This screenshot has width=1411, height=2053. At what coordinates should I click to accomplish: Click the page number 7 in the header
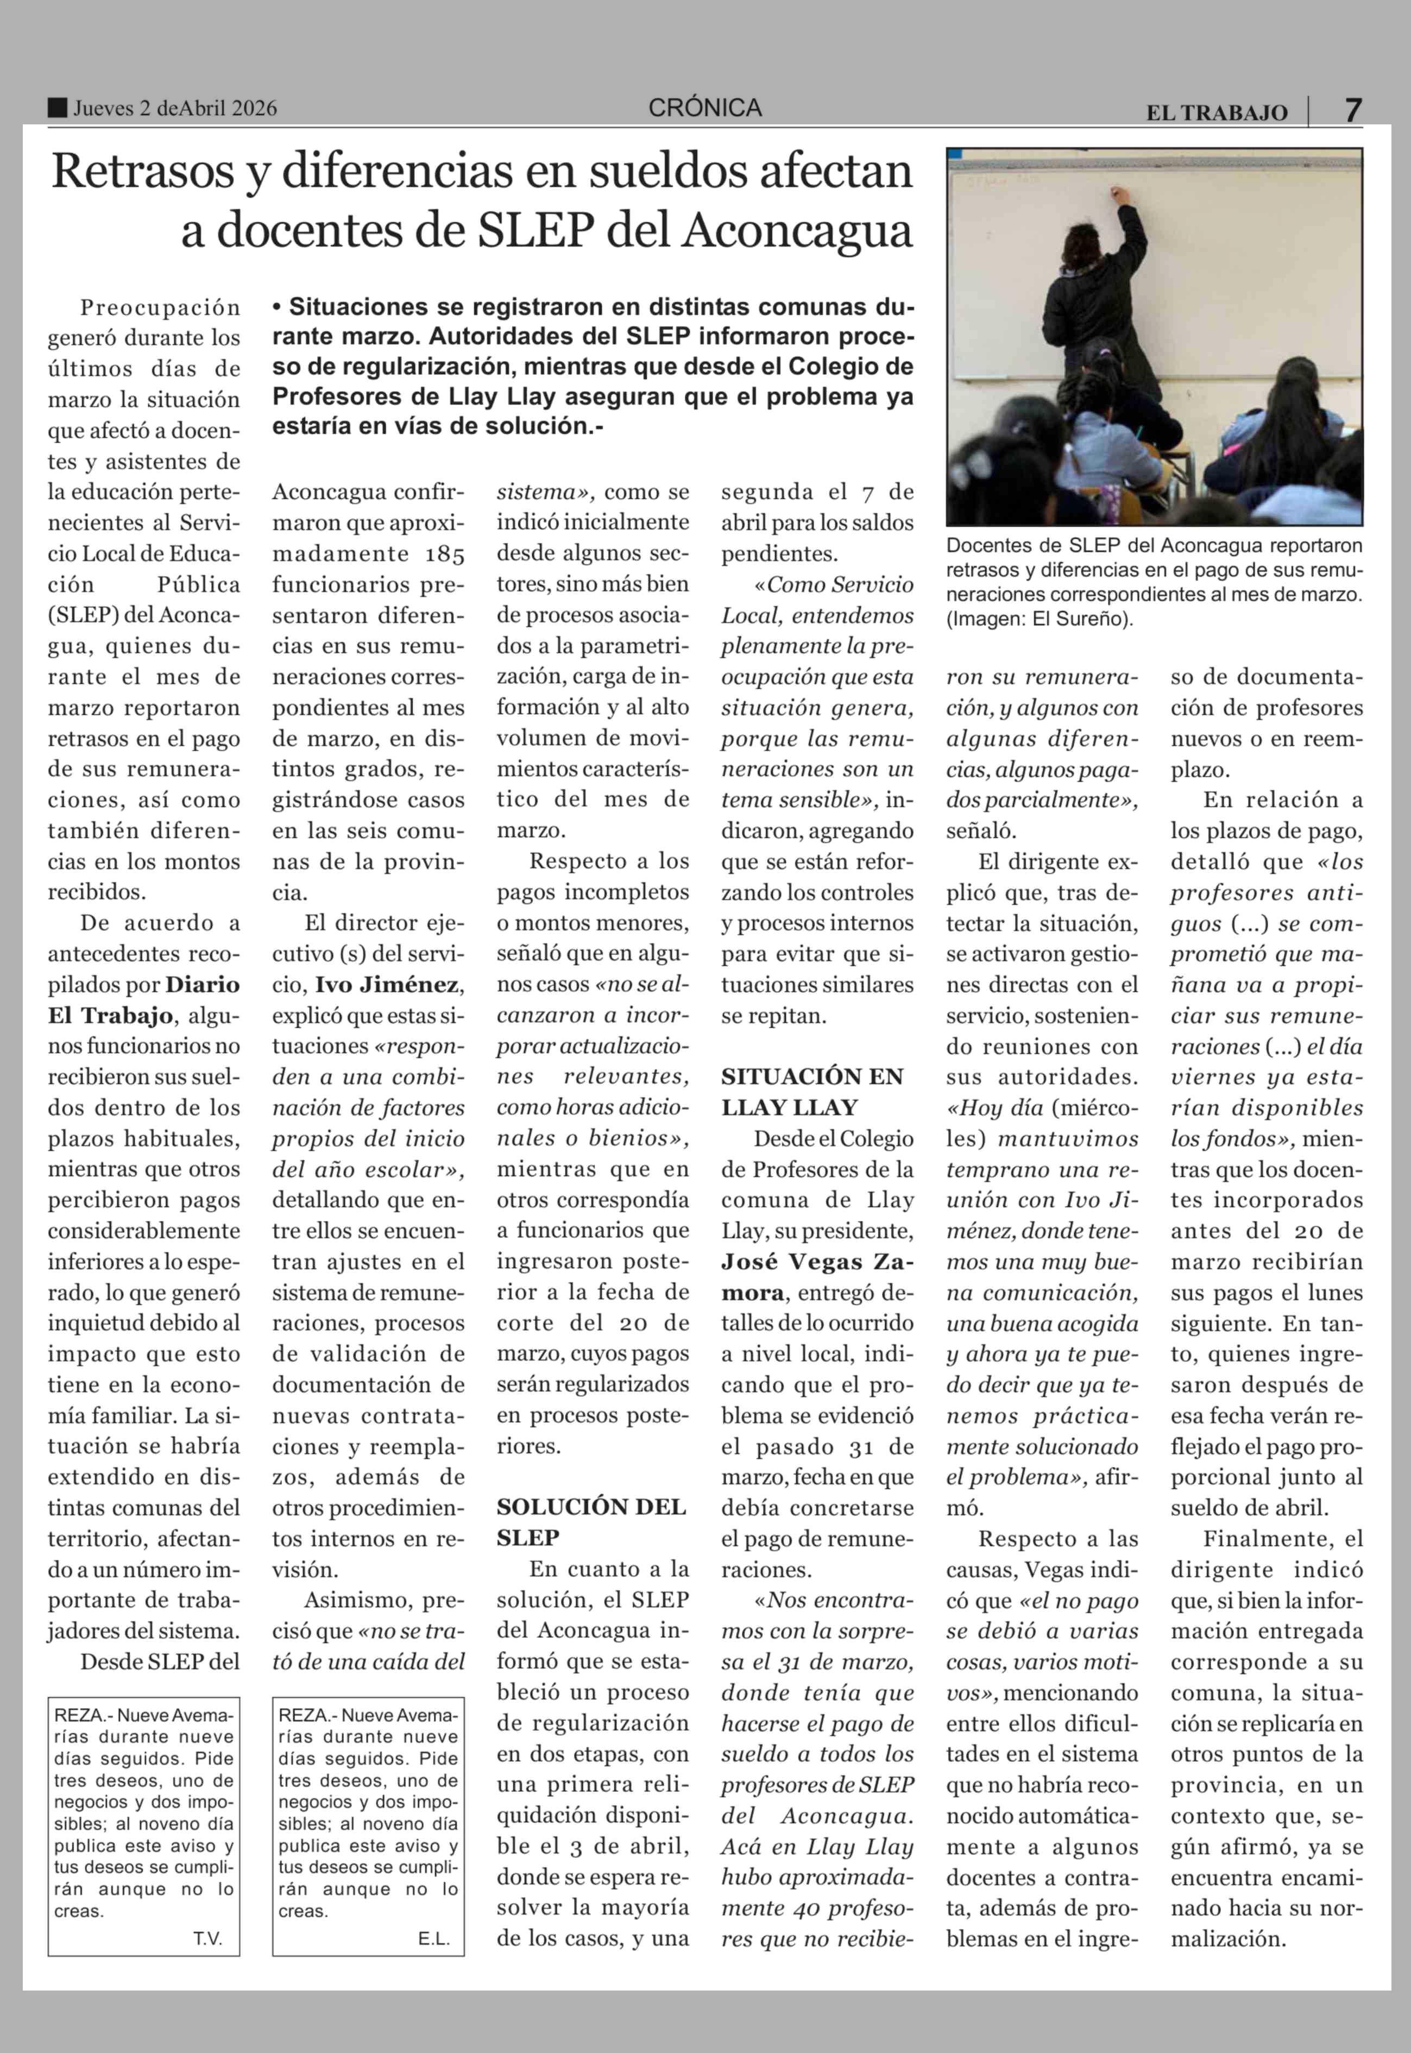pyautogui.click(x=1353, y=110)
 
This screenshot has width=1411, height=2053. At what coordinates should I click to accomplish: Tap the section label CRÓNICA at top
pyautogui.click(x=704, y=108)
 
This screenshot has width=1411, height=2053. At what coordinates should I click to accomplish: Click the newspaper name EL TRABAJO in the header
pyautogui.click(x=1217, y=113)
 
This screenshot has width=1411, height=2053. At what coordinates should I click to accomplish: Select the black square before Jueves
pyautogui.click(x=58, y=108)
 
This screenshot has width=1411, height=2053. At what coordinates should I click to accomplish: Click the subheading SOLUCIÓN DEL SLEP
pyautogui.click(x=590, y=1522)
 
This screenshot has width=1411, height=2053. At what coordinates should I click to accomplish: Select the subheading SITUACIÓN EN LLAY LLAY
pyautogui.click(x=811, y=1091)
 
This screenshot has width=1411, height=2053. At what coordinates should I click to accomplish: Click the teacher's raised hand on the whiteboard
pyautogui.click(x=1123, y=194)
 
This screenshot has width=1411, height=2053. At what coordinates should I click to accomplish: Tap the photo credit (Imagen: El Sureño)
pyautogui.click(x=1039, y=619)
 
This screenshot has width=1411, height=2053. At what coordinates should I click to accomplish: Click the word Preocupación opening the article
pyautogui.click(x=160, y=308)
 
